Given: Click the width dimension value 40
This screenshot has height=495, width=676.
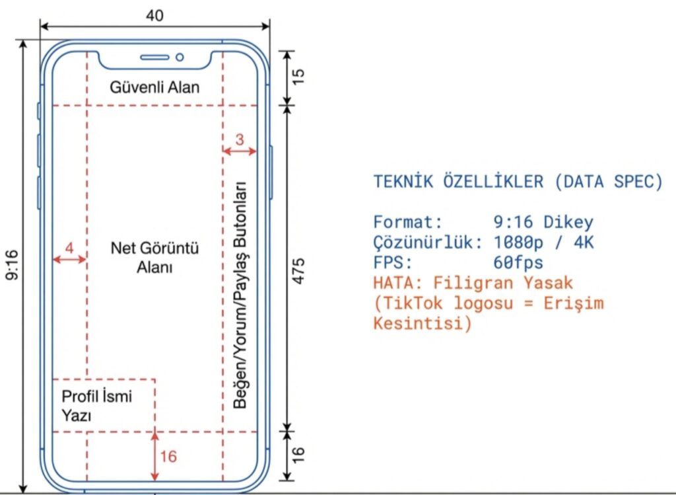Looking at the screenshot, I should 155,15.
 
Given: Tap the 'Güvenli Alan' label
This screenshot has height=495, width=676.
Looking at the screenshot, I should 154,87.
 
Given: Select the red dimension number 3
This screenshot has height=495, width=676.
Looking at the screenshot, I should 240,139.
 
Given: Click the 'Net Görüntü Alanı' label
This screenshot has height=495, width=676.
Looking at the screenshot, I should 154,258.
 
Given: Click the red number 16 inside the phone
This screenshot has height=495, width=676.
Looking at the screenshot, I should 168,456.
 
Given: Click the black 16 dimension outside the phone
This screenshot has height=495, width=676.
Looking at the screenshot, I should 299,454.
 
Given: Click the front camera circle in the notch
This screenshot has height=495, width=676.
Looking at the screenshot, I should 180,57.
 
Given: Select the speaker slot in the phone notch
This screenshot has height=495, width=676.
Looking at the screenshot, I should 155,57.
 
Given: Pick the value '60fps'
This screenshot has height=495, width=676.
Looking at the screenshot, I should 518,263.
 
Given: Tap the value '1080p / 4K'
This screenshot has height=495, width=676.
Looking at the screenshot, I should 543,243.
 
